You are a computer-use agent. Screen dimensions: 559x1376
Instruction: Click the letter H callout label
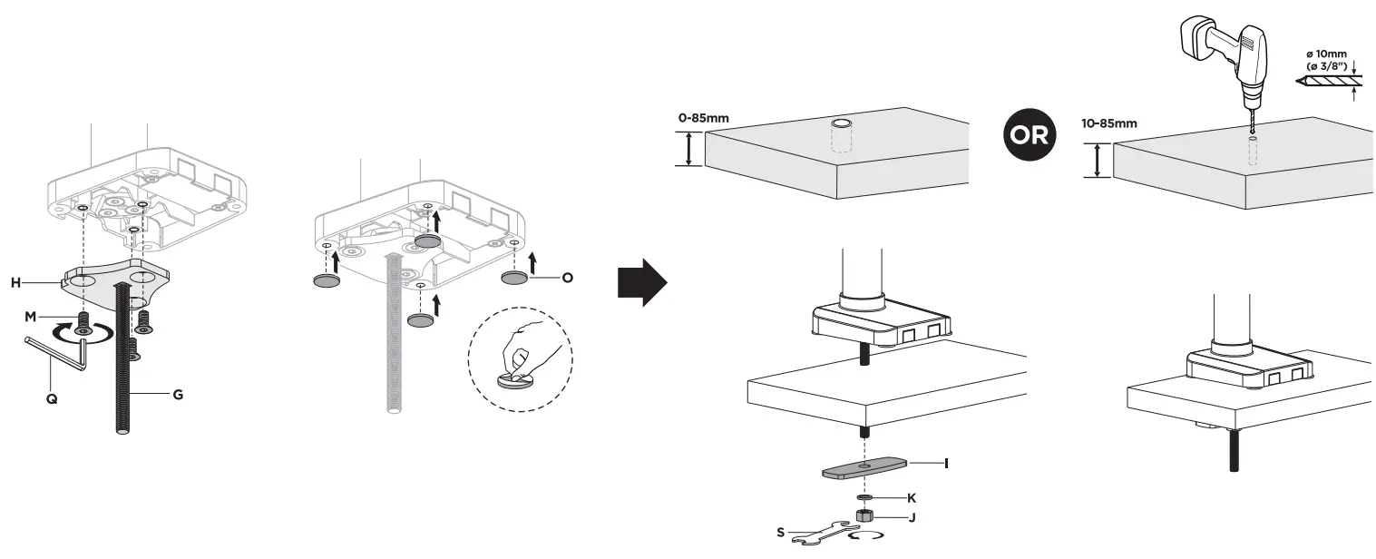coord(15,282)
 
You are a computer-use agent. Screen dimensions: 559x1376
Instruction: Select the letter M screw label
coord(31,316)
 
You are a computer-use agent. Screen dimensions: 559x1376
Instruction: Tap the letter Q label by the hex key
coord(52,397)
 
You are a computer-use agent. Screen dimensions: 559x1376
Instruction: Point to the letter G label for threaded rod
coord(178,395)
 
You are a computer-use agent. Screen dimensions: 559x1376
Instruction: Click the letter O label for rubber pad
coord(567,277)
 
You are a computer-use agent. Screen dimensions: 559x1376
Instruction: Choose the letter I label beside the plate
coord(946,463)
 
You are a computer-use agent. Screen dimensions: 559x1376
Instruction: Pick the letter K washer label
coord(912,498)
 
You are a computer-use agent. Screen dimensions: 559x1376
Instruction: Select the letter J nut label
coord(912,517)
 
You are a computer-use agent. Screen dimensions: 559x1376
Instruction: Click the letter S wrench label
coord(780,533)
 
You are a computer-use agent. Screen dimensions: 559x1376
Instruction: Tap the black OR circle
coord(1030,136)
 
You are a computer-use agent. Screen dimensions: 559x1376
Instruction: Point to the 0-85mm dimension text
coord(703,118)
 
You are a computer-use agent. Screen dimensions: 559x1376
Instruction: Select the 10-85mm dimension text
coord(1111,124)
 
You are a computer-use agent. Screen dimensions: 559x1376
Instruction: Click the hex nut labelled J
coord(864,515)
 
